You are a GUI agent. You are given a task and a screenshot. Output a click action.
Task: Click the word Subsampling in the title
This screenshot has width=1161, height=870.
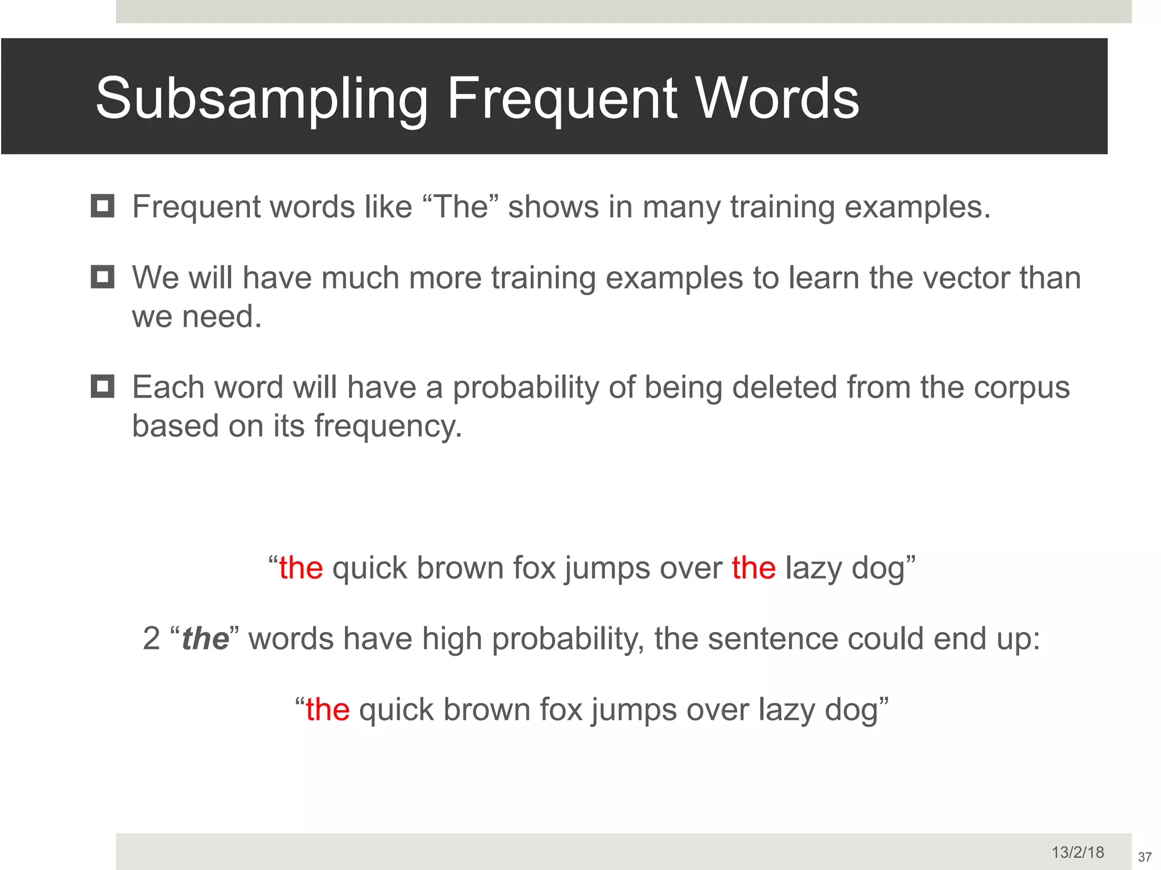[261, 99]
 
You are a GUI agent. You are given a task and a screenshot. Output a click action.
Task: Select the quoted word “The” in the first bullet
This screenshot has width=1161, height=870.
[460, 207]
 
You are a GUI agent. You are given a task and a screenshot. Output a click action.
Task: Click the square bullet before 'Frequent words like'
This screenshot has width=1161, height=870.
[103, 206]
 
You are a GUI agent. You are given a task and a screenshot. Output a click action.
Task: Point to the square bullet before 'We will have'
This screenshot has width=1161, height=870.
[103, 277]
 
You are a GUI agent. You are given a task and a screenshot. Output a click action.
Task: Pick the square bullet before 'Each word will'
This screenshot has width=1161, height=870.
[103, 386]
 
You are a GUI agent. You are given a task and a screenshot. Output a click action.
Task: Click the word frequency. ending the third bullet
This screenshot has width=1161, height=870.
[388, 426]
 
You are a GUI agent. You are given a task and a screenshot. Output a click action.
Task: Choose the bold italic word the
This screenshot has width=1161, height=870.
[205, 639]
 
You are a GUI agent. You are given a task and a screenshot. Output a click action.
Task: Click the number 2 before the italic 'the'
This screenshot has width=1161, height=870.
[151, 639]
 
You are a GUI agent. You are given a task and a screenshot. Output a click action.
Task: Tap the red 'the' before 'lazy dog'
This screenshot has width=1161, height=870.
[753, 568]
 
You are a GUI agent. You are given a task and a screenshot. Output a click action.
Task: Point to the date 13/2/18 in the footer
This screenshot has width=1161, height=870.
[1078, 852]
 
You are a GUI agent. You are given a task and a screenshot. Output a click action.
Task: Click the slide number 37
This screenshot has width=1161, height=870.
[1145, 857]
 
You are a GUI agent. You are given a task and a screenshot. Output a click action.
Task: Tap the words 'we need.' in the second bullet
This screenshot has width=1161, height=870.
[197, 316]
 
